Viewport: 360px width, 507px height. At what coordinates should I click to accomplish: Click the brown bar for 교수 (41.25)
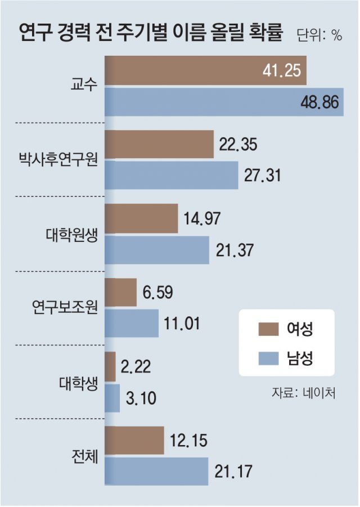point(205,70)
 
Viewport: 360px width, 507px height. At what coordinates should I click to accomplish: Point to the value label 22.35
point(239,145)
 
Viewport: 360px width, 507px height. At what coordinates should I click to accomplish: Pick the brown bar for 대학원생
point(141,218)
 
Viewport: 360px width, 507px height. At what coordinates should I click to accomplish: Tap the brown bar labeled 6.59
point(120,292)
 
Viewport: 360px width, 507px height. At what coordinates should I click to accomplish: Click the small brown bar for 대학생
point(110,366)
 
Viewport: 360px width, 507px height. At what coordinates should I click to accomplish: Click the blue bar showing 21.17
point(157,471)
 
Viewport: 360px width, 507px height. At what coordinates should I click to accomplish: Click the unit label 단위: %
point(318,35)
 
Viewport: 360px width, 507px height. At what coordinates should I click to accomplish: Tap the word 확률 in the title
point(267,32)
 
